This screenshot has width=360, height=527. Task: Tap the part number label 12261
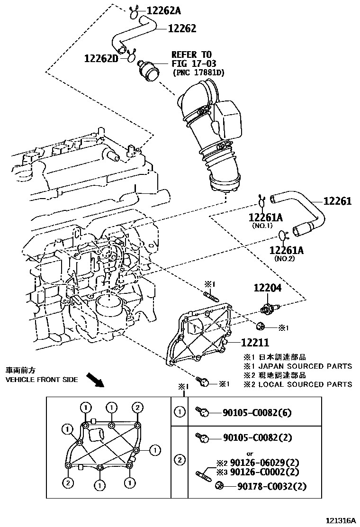337,201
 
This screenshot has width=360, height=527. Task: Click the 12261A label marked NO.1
265,218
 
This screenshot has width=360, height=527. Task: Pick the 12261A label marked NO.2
286,250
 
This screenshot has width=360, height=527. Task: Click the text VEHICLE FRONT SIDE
41,380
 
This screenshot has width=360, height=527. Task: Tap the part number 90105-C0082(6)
257,412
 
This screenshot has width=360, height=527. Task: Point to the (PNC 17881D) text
198,73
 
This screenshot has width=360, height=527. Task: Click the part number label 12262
182,28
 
